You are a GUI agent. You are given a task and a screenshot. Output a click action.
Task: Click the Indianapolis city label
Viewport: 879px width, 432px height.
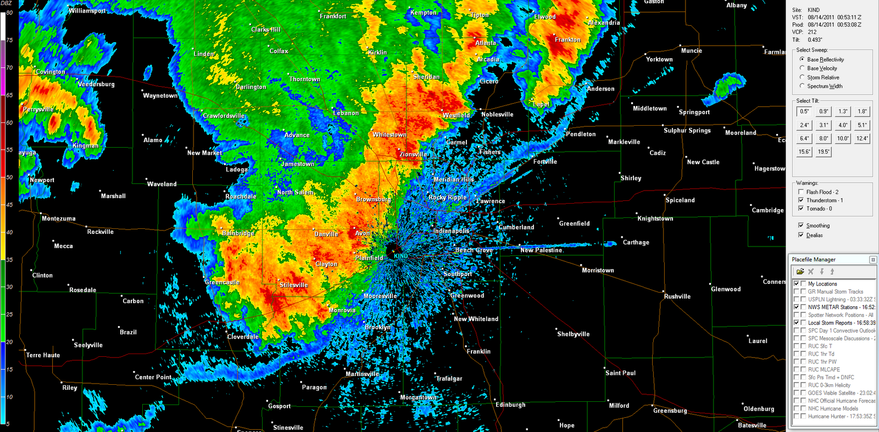click(x=451, y=231)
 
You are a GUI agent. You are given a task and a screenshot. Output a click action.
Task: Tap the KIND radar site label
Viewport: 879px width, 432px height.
click(x=400, y=256)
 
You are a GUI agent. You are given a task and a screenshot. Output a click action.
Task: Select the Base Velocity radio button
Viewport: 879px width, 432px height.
click(x=802, y=68)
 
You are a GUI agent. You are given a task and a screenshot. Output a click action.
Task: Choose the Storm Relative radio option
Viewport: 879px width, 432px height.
click(x=802, y=77)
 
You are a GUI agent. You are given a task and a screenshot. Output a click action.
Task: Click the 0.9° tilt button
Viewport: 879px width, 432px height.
click(x=824, y=111)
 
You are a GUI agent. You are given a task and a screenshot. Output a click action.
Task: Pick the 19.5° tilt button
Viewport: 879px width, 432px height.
click(x=824, y=152)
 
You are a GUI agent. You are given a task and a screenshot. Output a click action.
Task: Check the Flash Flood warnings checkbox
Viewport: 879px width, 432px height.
click(x=801, y=192)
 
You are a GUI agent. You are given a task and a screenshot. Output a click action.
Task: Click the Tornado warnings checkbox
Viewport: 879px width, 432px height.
click(x=801, y=209)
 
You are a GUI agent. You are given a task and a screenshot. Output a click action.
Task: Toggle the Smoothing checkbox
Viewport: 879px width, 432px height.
click(x=801, y=226)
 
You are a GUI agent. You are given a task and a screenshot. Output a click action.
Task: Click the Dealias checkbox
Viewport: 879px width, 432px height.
click(x=801, y=235)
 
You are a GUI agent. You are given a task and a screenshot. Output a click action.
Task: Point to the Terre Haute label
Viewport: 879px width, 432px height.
click(x=43, y=355)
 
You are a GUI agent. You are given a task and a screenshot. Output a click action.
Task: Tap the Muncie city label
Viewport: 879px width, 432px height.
click(x=691, y=51)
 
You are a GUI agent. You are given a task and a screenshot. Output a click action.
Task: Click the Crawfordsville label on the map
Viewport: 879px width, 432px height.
click(x=224, y=116)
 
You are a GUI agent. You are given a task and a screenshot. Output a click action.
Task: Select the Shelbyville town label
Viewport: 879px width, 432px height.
click(x=573, y=334)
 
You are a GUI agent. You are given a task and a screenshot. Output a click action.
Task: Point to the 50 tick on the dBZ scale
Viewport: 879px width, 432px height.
click(x=9, y=177)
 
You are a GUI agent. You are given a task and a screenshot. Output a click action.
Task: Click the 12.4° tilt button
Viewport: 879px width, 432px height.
click(x=862, y=138)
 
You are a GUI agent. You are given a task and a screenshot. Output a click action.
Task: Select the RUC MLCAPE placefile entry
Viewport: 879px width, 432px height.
click(x=824, y=369)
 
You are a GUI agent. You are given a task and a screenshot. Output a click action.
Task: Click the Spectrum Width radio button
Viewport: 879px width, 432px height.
click(x=802, y=86)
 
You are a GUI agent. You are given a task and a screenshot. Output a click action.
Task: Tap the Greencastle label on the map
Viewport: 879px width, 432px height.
click(x=222, y=282)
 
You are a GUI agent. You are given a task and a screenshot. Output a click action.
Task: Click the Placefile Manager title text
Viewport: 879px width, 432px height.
click(x=813, y=260)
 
